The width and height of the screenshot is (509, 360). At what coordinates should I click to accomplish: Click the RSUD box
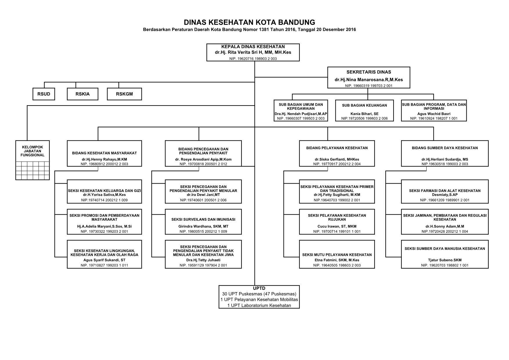click(x=44, y=94)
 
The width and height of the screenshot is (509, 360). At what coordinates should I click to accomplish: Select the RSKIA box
click(x=83, y=94)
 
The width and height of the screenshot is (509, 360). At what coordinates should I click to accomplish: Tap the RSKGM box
click(x=124, y=94)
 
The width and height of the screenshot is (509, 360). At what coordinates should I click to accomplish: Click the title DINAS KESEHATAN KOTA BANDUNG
click(x=250, y=22)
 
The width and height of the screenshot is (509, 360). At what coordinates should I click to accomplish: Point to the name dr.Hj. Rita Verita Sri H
click(x=239, y=53)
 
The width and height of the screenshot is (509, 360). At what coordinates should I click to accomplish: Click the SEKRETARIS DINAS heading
click(x=369, y=72)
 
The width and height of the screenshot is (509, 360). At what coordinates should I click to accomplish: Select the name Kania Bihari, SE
click(x=364, y=114)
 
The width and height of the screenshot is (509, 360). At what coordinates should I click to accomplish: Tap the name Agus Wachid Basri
click(x=434, y=114)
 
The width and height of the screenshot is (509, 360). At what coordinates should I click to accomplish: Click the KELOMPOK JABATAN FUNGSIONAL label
click(x=33, y=151)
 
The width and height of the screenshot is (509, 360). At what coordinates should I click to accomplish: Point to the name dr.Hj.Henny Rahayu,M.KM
click(x=104, y=159)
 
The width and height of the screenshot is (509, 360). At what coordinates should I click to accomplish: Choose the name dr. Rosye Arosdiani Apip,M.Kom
click(x=203, y=159)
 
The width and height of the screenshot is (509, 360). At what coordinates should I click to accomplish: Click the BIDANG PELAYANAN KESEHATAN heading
click(x=337, y=148)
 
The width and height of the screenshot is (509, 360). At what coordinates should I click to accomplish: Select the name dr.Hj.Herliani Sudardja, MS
click(x=445, y=159)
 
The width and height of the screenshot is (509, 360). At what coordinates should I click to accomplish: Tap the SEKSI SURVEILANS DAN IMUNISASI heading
click(x=203, y=220)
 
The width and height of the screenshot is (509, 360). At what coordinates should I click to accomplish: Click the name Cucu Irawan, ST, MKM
click(x=337, y=226)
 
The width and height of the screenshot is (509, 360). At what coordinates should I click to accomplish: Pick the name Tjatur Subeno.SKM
click(x=445, y=260)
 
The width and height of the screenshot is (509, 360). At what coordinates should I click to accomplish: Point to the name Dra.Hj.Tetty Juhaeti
click(x=203, y=260)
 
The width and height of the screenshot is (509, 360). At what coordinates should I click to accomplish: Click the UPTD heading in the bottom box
click(x=259, y=288)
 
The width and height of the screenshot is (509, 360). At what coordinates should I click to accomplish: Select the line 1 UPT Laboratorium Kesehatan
click(x=259, y=305)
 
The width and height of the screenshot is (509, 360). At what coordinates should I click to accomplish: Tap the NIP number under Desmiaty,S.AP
click(x=445, y=200)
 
